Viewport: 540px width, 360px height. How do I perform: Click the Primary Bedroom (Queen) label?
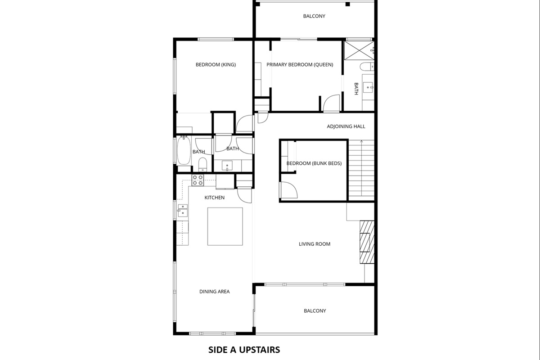tap(300, 65)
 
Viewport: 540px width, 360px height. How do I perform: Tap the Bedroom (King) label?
tap(216, 65)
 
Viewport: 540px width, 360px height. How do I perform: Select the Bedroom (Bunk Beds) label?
tap(314, 163)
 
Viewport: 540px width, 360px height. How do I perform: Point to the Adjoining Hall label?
tap(346, 126)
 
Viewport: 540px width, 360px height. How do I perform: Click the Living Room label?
tap(315, 244)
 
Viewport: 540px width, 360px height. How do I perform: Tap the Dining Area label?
tap(214, 292)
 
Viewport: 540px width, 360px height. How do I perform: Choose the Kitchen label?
tap(214, 198)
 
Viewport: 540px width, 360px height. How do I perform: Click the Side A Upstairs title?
tap(244, 350)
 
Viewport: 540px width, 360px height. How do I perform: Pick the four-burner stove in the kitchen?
tap(198, 180)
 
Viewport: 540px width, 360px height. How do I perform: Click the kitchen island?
tap(225, 226)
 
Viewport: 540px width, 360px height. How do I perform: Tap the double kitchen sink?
tap(183, 211)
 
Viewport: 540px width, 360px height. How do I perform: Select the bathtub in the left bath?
tap(184, 150)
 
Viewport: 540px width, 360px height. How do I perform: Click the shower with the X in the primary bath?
tap(359, 50)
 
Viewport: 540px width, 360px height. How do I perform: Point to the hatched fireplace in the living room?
tap(367, 242)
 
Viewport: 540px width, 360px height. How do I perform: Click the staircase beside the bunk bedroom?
tap(361, 170)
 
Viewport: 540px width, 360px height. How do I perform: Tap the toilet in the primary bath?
tap(367, 67)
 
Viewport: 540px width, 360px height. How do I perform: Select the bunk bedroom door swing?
tap(288, 190)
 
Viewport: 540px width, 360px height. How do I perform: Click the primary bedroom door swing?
tap(331, 103)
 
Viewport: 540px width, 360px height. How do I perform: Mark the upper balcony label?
tap(314, 16)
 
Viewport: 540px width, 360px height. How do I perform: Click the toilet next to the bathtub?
tap(202, 164)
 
